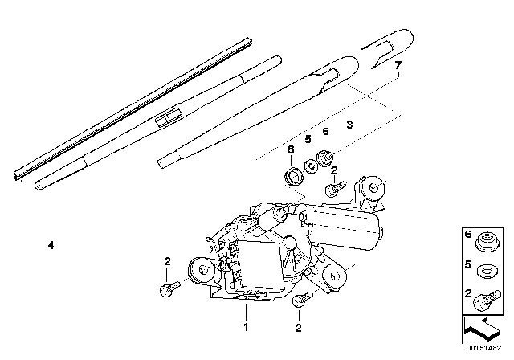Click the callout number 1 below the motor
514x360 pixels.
pyautogui.click(x=246, y=326)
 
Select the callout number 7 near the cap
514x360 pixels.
pyautogui.click(x=398, y=65)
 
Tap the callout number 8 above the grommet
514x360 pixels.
pyautogui.click(x=291, y=149)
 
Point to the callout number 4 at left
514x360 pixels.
pyautogui.click(x=51, y=245)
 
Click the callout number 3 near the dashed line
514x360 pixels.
pyautogui.click(x=350, y=125)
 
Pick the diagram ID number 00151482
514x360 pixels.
pyautogui.click(x=483, y=348)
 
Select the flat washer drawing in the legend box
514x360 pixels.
pyautogui.click(x=487, y=271)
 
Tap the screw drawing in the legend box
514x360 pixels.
pyautogui.click(x=487, y=300)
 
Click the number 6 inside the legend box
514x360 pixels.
pyautogui.click(x=468, y=234)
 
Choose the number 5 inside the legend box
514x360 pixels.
pyautogui.click(x=468, y=264)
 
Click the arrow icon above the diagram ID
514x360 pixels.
pyautogui.click(x=482, y=329)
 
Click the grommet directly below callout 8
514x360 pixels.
pyautogui.click(x=294, y=178)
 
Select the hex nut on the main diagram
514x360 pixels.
pyautogui.click(x=325, y=157)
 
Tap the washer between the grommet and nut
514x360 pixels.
pyautogui.click(x=311, y=166)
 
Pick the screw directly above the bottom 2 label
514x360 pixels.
pyautogui.click(x=303, y=299)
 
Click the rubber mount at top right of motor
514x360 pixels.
pyautogui.click(x=373, y=188)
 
